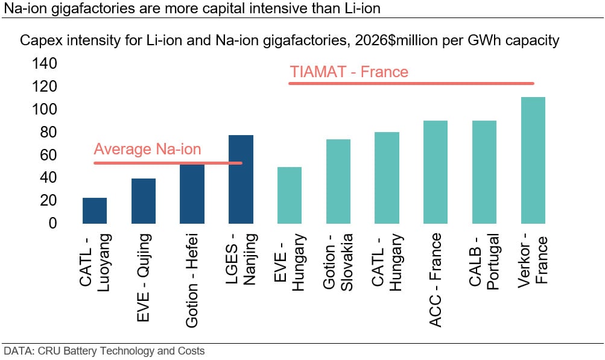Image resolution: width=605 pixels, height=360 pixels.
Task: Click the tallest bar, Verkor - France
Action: [x=533, y=160]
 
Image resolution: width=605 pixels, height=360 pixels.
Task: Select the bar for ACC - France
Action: [x=436, y=171]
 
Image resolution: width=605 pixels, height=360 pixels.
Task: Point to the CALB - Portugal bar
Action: [x=484, y=171]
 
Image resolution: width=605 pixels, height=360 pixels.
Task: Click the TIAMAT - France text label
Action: [x=349, y=72]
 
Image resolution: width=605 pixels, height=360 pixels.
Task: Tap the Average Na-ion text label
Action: [x=147, y=150]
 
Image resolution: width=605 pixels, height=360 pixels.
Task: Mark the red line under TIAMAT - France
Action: [x=411, y=83]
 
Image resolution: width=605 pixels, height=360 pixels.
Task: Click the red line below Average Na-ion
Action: [x=168, y=163]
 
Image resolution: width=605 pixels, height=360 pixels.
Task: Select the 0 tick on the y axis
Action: [x=52, y=223]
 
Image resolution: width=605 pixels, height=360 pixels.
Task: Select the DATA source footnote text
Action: [x=104, y=351]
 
